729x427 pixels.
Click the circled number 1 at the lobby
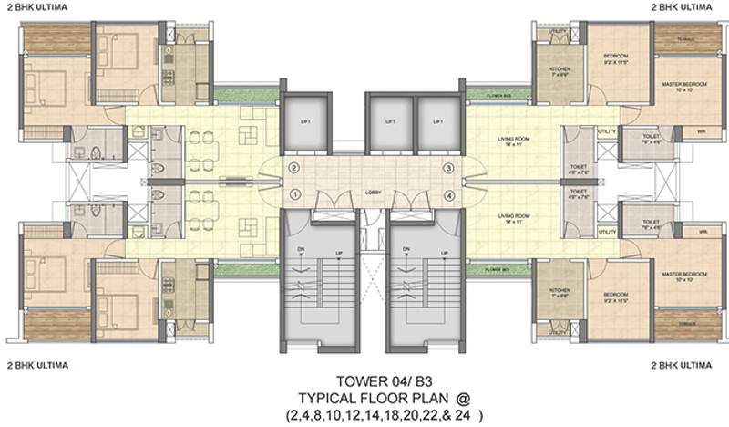click(294, 194)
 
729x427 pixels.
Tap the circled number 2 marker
click(294, 169)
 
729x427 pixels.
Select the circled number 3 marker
click(448, 169)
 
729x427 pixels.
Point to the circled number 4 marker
click(448, 195)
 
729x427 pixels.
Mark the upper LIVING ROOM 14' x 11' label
click(514, 142)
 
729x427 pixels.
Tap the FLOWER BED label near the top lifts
click(496, 92)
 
